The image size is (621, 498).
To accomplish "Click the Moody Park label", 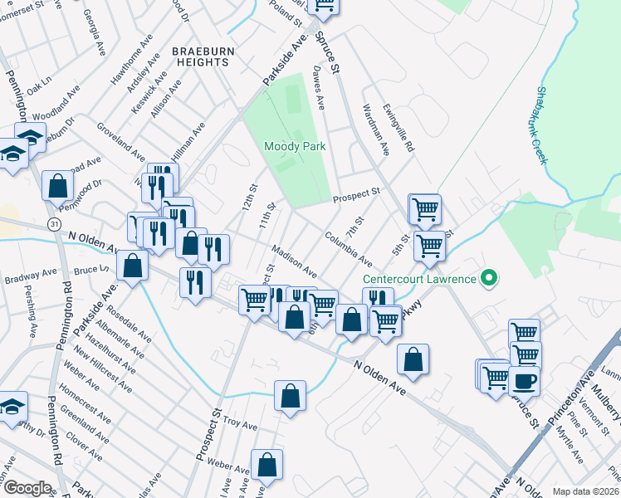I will click(x=293, y=147).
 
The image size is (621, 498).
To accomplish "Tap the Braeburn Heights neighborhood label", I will click(x=200, y=56).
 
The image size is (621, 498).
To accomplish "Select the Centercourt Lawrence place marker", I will click(x=490, y=278).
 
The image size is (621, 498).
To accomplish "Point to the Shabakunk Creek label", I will click(x=542, y=124).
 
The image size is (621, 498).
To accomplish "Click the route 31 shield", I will click(x=54, y=224).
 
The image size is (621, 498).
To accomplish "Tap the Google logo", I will click(x=28, y=488).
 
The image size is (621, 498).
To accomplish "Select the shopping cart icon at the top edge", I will click(x=323, y=7).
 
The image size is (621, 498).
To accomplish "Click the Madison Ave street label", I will click(x=295, y=261).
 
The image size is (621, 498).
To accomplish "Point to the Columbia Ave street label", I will click(x=348, y=248).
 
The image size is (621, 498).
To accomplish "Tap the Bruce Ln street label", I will click(x=91, y=270).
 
